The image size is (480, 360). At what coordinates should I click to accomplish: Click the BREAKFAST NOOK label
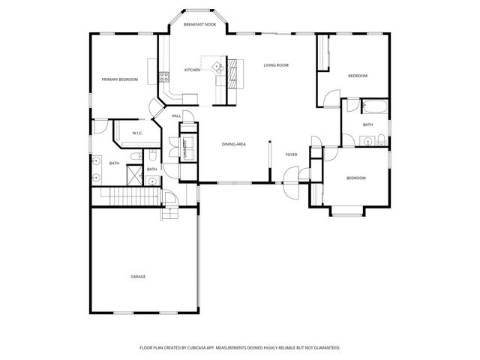click(199, 25)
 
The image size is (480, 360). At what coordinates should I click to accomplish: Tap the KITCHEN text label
click(192, 70)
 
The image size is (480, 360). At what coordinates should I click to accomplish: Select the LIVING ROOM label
click(276, 65)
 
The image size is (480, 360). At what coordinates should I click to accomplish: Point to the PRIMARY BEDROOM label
click(120, 79)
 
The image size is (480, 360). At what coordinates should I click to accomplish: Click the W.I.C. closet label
click(137, 133)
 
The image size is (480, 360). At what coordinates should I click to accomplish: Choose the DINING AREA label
click(234, 144)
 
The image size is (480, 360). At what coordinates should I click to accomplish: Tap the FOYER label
click(291, 154)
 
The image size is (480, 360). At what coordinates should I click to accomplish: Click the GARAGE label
click(138, 277)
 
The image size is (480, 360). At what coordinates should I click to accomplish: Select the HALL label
click(175, 115)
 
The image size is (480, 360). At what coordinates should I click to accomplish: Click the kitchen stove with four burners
click(163, 75)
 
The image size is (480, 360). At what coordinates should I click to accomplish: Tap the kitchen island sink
click(217, 67)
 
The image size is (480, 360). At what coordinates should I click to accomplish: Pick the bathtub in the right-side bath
click(373, 106)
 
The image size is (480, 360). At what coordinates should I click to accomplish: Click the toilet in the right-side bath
click(381, 138)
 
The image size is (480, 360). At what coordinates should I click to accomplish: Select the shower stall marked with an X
click(133, 175)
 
